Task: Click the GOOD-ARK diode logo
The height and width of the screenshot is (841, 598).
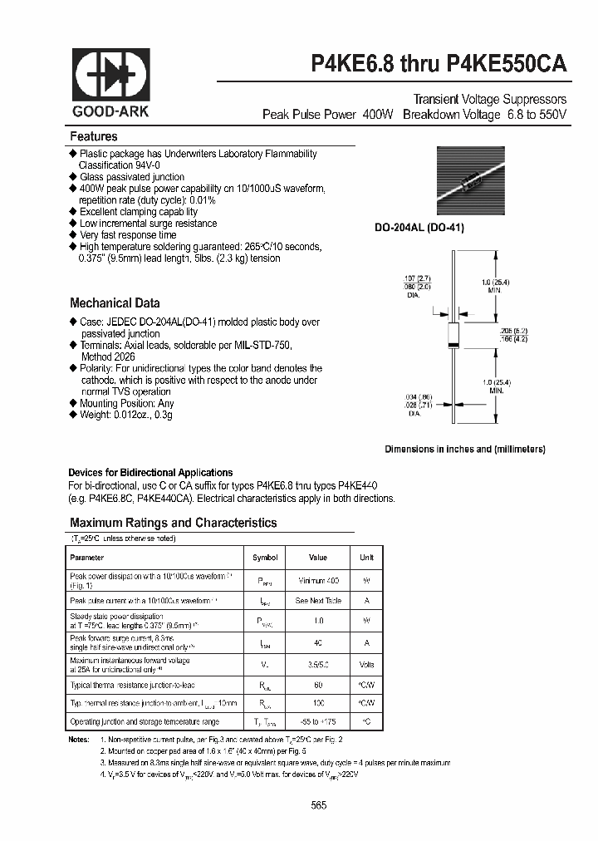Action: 110,76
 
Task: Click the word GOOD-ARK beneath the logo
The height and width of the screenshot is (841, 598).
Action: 110,111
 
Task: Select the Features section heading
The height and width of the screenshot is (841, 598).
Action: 94,136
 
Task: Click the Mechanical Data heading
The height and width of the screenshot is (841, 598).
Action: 115,303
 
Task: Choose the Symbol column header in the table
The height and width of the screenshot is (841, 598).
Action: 264,558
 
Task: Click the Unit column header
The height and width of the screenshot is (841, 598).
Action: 366,558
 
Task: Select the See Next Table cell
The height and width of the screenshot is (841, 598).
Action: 318,600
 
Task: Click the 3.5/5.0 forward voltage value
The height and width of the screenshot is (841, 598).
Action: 318,664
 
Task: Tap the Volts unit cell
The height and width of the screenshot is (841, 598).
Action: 366,664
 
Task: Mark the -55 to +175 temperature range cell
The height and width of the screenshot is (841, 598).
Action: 318,722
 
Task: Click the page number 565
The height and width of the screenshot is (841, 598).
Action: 319,804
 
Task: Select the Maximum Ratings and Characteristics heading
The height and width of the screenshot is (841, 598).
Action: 173,523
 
